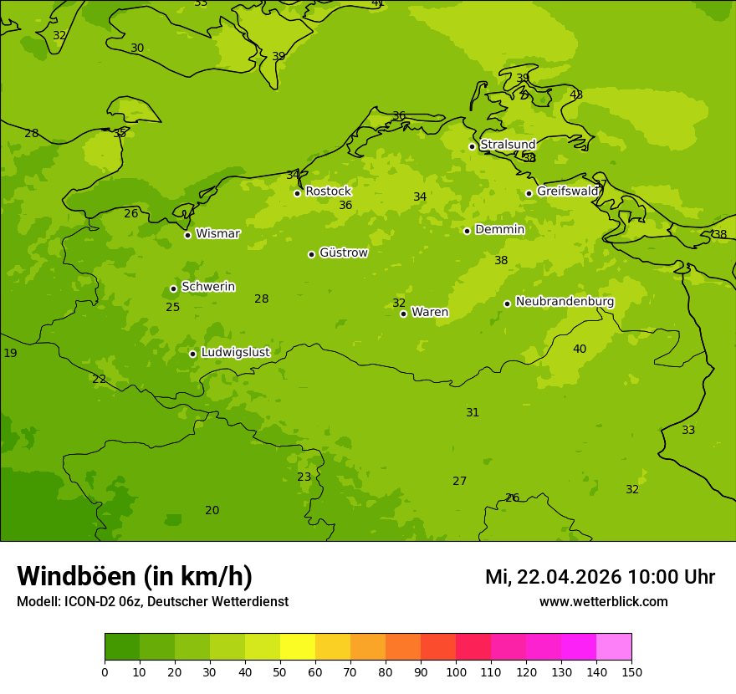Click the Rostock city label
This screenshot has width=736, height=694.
[x=328, y=191]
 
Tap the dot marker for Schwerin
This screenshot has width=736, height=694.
[x=173, y=288]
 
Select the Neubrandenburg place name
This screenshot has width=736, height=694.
[x=565, y=302]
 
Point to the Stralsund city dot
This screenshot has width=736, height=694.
[x=472, y=146]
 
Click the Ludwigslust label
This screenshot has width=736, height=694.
[x=235, y=353]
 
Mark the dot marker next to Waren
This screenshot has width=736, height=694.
[x=403, y=314]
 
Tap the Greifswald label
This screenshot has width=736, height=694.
[x=567, y=191]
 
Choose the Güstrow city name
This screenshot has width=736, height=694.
[x=343, y=253]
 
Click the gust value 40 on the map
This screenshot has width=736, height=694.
[x=580, y=349]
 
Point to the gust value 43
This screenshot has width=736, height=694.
[x=576, y=94]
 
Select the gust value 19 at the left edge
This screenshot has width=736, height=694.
[x=10, y=354]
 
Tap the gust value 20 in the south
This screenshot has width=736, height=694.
[x=212, y=511]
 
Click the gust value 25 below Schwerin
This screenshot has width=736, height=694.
[x=172, y=308]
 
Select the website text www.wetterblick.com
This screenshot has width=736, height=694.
[x=603, y=602]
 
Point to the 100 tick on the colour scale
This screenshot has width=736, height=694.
[x=456, y=671]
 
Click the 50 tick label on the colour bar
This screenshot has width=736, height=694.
[x=280, y=671]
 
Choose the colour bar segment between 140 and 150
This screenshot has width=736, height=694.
[x=614, y=647]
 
